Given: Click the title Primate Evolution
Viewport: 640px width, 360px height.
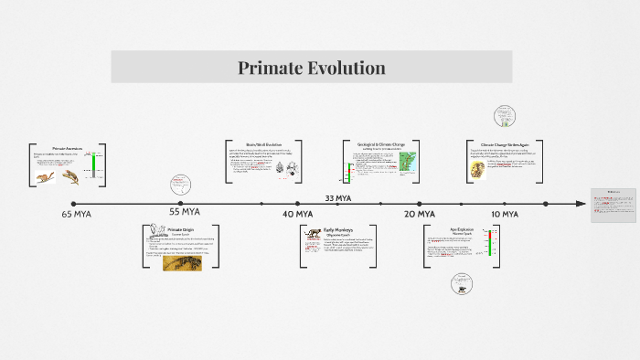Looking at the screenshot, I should [312, 68].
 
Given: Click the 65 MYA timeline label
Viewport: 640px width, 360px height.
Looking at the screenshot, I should [76, 215].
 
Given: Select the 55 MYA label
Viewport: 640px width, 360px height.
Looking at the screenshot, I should [184, 212].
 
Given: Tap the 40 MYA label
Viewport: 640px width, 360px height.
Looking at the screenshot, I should [297, 214].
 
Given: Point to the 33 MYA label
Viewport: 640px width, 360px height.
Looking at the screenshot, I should [337, 197].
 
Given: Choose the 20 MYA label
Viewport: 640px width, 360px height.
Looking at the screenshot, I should [420, 214].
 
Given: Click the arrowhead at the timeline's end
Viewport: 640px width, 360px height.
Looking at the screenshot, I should [580, 204].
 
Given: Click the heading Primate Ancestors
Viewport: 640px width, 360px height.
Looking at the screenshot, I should [67, 148].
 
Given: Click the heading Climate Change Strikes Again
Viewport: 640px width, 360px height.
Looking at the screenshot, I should [506, 144].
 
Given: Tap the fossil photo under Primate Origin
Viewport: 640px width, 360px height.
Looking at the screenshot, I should [182, 262].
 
